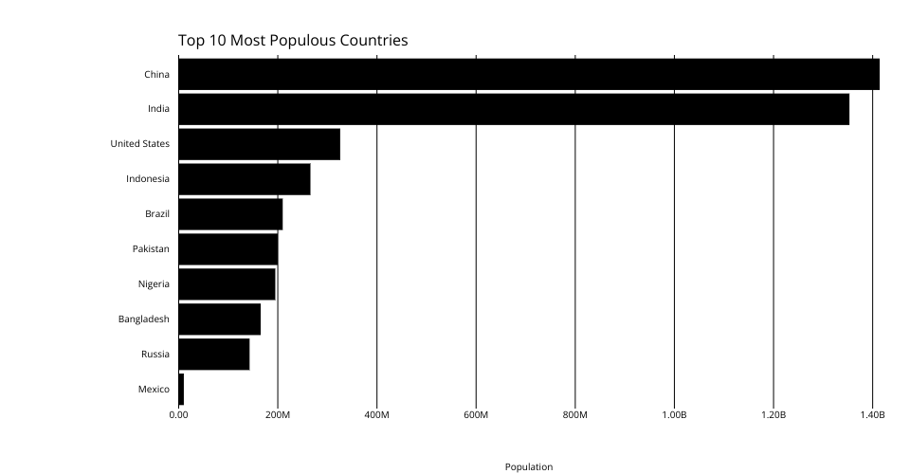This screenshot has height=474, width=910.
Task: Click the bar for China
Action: [x=528, y=74]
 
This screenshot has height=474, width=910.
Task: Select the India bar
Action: [x=513, y=109]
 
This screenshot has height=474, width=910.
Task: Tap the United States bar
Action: [x=259, y=144]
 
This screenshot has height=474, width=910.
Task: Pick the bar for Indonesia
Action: [x=244, y=179]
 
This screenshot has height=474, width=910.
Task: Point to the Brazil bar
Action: [x=230, y=214]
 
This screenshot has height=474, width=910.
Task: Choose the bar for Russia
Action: [x=213, y=354]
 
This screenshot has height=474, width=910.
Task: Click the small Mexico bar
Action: [x=181, y=389]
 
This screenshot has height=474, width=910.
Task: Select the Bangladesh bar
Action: [x=219, y=319]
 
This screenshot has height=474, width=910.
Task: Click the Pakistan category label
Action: [x=151, y=249]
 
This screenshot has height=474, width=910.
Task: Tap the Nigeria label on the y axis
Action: [x=154, y=284]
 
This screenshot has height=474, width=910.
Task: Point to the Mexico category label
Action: [x=154, y=389]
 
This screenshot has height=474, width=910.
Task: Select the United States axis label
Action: [x=140, y=144]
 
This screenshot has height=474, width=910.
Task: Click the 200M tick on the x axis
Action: [x=278, y=415]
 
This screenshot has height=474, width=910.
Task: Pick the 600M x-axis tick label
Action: [x=476, y=415]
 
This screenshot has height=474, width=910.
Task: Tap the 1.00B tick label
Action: [x=674, y=415]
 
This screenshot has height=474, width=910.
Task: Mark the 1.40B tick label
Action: [x=872, y=415]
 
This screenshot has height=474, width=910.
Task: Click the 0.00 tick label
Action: [x=178, y=415]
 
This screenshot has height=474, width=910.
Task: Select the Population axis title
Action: [x=529, y=466]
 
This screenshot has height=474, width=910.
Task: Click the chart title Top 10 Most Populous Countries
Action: [x=293, y=41]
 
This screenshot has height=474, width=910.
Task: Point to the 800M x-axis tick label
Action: [x=575, y=415]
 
